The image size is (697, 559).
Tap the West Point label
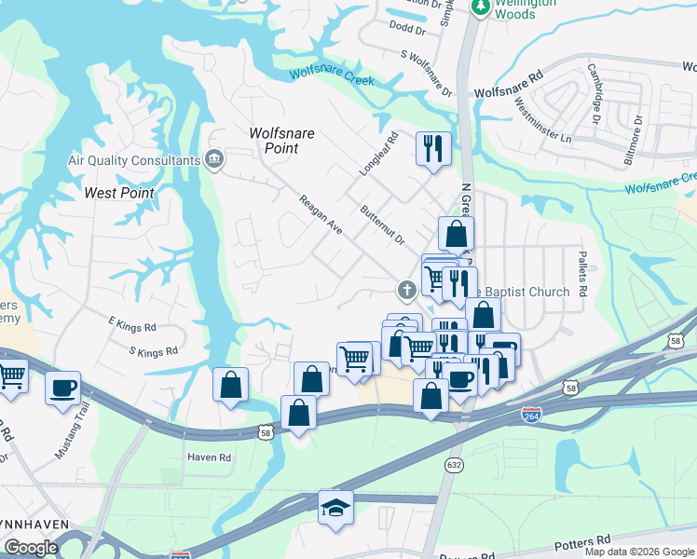point(119,193)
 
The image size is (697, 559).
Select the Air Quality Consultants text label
point(134,159)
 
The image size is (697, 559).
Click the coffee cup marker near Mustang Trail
point(62,388)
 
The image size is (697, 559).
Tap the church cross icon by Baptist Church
point(406,291)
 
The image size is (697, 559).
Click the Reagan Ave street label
point(321,214)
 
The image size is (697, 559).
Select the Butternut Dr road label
point(383,225)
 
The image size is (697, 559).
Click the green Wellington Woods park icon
point(480,7)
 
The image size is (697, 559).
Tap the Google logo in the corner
point(31,548)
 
